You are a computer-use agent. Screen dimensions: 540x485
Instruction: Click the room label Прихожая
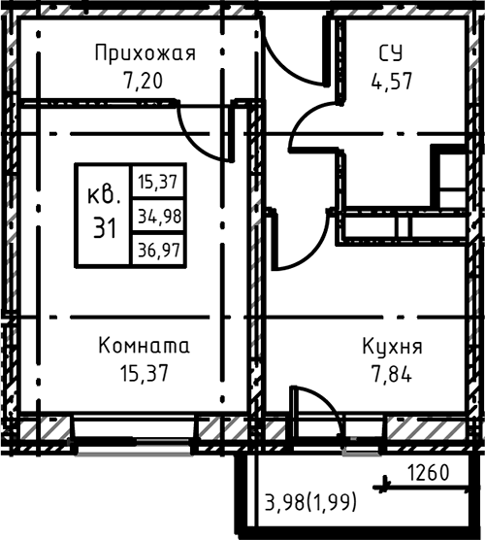point(145,53)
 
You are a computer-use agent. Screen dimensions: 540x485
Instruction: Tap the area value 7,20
point(145,80)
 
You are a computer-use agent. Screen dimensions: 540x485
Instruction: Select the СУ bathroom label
point(392,53)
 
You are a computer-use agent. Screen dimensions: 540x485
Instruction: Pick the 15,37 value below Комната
point(145,373)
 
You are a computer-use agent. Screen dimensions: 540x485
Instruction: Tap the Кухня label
point(392,347)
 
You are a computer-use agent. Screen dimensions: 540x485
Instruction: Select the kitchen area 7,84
point(392,373)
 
